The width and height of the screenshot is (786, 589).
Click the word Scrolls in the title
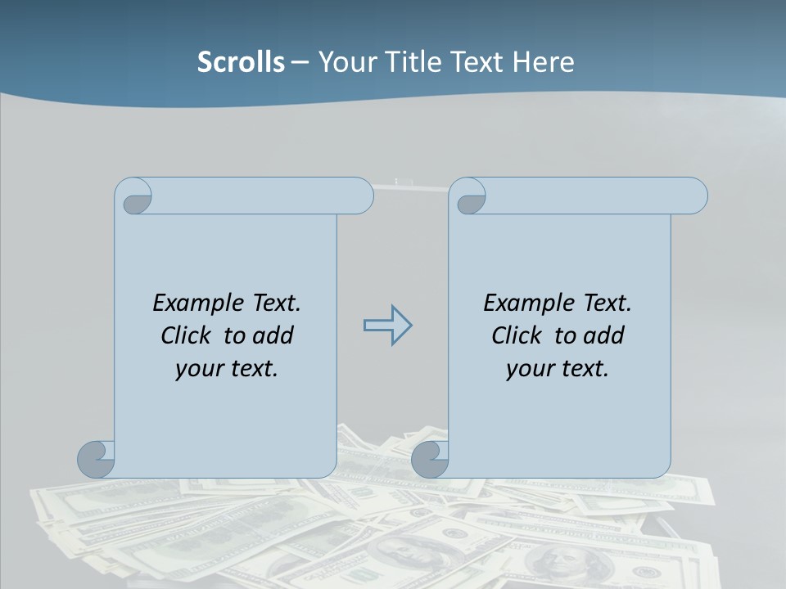pyautogui.click(x=241, y=61)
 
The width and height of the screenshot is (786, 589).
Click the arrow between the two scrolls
pyautogui.click(x=387, y=326)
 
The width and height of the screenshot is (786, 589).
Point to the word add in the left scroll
pyautogui.click(x=274, y=335)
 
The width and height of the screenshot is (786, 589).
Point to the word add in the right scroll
pyautogui.click(x=605, y=335)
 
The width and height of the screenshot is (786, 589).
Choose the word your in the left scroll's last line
pyautogui.click(x=200, y=369)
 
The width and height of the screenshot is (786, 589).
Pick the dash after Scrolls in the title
pyautogui.click(x=300, y=61)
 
